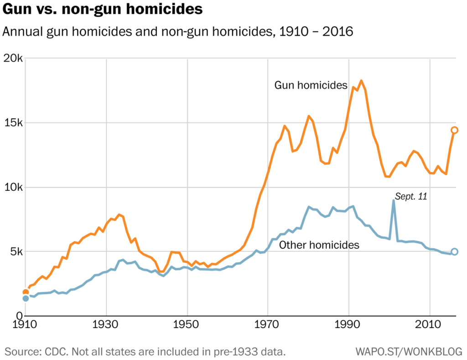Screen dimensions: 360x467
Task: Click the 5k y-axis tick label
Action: click(x=16, y=252)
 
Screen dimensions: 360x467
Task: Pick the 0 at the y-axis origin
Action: click(x=20, y=316)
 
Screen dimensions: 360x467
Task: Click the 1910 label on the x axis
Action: click(x=25, y=327)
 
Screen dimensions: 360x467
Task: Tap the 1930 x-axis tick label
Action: click(x=106, y=327)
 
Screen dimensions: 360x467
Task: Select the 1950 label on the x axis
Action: click(x=187, y=327)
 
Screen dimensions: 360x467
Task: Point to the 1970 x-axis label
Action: click(x=268, y=327)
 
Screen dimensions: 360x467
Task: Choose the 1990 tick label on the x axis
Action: click(x=349, y=327)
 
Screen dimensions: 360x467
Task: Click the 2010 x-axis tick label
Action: click(x=430, y=327)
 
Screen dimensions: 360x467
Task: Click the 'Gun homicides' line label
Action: click(x=311, y=85)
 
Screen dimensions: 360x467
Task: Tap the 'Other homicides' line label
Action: click(x=319, y=245)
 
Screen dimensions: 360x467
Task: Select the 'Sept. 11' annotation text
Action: click(x=410, y=197)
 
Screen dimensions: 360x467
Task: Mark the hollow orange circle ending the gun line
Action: click(x=454, y=130)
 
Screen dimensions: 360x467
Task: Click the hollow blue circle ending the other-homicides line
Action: click(x=454, y=251)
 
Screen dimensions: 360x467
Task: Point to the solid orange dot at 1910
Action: click(x=26, y=292)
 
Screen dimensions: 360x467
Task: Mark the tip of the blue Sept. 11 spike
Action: click(x=393, y=201)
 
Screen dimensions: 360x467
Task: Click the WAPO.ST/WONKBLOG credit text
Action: click(x=409, y=352)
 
